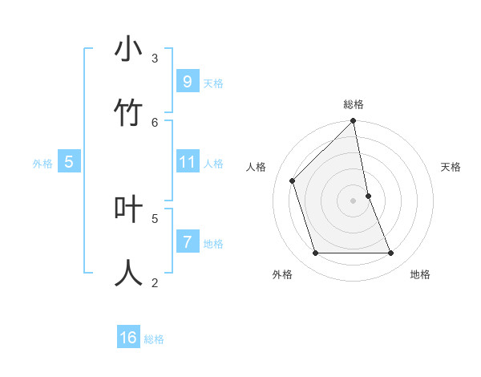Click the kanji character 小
(x=128, y=50)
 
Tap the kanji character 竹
(x=128, y=113)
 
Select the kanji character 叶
(x=128, y=209)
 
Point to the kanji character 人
(x=128, y=273)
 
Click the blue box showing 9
(x=187, y=82)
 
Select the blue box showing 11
(x=187, y=162)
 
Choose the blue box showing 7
(x=187, y=241)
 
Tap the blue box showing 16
(x=128, y=338)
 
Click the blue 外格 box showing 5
(x=69, y=162)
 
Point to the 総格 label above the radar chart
(x=354, y=104)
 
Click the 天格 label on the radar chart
(x=451, y=167)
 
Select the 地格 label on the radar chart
(x=420, y=274)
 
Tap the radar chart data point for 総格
(x=354, y=122)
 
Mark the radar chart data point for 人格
(x=293, y=180)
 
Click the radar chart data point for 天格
(x=368, y=196)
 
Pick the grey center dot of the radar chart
(x=354, y=201)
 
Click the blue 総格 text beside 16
(x=154, y=339)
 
